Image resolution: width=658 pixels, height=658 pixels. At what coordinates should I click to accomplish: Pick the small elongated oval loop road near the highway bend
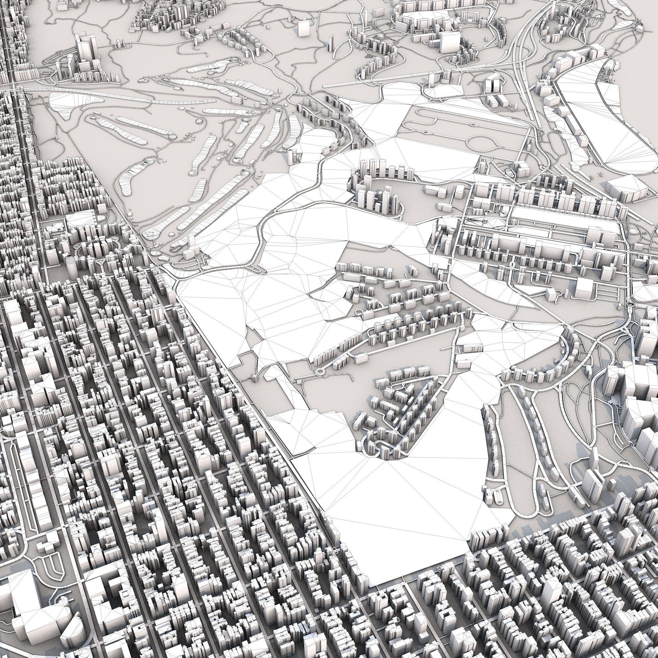[x=510, y=171]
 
